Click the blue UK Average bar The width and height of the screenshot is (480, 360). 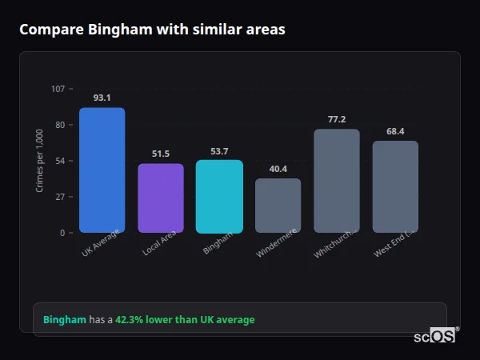coord(102,170)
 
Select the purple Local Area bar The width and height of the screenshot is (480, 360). coord(161,198)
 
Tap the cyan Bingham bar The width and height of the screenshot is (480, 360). coord(219,197)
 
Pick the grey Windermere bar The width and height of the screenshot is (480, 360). coord(278,206)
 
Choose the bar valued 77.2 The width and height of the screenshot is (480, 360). coord(337,181)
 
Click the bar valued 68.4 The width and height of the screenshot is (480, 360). coord(395,187)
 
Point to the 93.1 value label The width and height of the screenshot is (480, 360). coord(102,98)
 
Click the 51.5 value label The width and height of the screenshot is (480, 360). coord(161,154)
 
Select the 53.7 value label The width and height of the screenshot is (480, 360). coord(219,151)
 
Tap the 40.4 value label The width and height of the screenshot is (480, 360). coord(278,169)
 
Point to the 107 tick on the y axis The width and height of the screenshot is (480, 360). coord(58,89)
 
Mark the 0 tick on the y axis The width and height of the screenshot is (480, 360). coord(62,233)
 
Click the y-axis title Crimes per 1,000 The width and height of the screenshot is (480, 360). coord(39,160)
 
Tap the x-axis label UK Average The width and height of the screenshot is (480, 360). coord(101,245)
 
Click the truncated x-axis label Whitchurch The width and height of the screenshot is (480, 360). coord(334,245)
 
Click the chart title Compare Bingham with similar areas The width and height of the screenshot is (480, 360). coord(152,30)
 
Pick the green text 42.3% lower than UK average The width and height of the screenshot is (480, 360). coord(185,320)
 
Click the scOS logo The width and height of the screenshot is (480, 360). coord(435,336)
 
